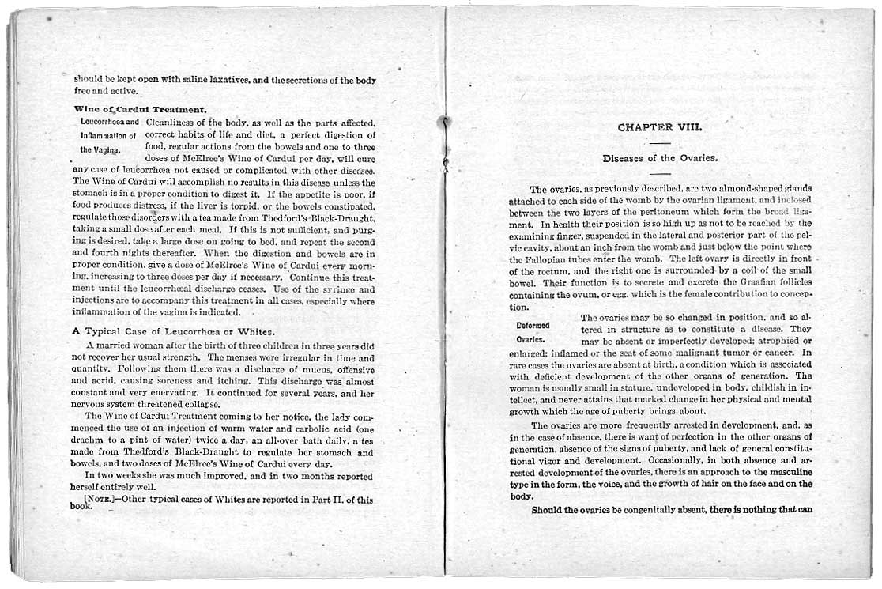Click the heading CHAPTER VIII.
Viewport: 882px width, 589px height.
click(x=659, y=126)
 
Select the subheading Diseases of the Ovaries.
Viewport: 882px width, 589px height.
click(x=659, y=158)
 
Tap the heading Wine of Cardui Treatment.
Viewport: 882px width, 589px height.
click(x=141, y=109)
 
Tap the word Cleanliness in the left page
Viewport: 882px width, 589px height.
click(x=171, y=123)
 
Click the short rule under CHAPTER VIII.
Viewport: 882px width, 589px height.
click(x=659, y=142)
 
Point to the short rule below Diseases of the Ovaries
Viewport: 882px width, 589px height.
click(x=659, y=173)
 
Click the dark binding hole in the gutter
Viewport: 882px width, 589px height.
click(x=445, y=123)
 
